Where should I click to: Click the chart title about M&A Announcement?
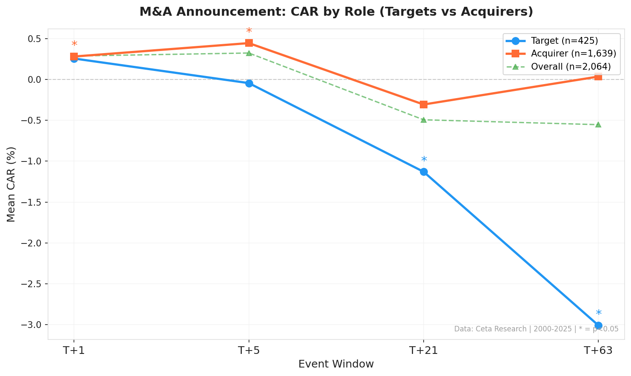[x=336, y=12]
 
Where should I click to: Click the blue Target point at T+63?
[x=598, y=325]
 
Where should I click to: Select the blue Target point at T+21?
[x=424, y=172]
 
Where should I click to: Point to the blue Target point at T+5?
[x=249, y=83]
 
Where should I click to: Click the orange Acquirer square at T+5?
[x=249, y=43]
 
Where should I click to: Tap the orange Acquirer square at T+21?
[x=424, y=105]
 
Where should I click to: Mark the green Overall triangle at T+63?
[x=598, y=124]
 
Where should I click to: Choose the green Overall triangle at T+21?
[x=424, y=120]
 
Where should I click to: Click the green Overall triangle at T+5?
[x=249, y=53]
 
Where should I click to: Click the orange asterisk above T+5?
[x=249, y=31]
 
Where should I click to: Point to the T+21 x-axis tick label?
[x=424, y=351]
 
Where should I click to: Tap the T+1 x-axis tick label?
[x=74, y=351]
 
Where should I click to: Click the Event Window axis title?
[x=336, y=364]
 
